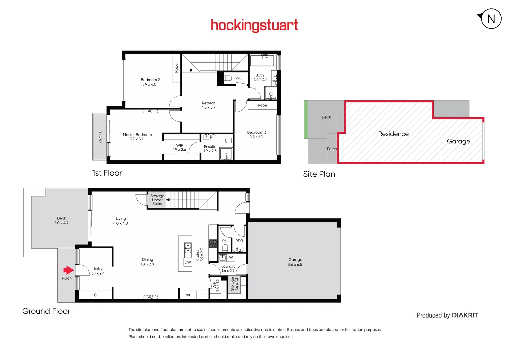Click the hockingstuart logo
click(254, 25)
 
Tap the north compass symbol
click(491, 19)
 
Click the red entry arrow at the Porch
click(69, 270)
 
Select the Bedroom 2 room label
click(150, 82)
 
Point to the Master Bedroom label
click(137, 137)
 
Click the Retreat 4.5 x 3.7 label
click(208, 105)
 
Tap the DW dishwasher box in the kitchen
click(188, 262)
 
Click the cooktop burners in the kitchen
click(213, 244)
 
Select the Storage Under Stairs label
click(157, 200)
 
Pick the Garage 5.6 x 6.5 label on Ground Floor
click(295, 262)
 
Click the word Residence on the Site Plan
click(393, 134)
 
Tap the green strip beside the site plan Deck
click(306, 119)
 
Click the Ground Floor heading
click(46, 311)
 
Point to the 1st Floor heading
click(107, 173)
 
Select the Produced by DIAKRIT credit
click(447, 315)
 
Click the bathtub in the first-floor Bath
click(262, 61)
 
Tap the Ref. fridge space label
click(188, 295)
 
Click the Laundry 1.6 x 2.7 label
click(228, 268)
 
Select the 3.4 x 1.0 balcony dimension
click(100, 137)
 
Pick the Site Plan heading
click(319, 174)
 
